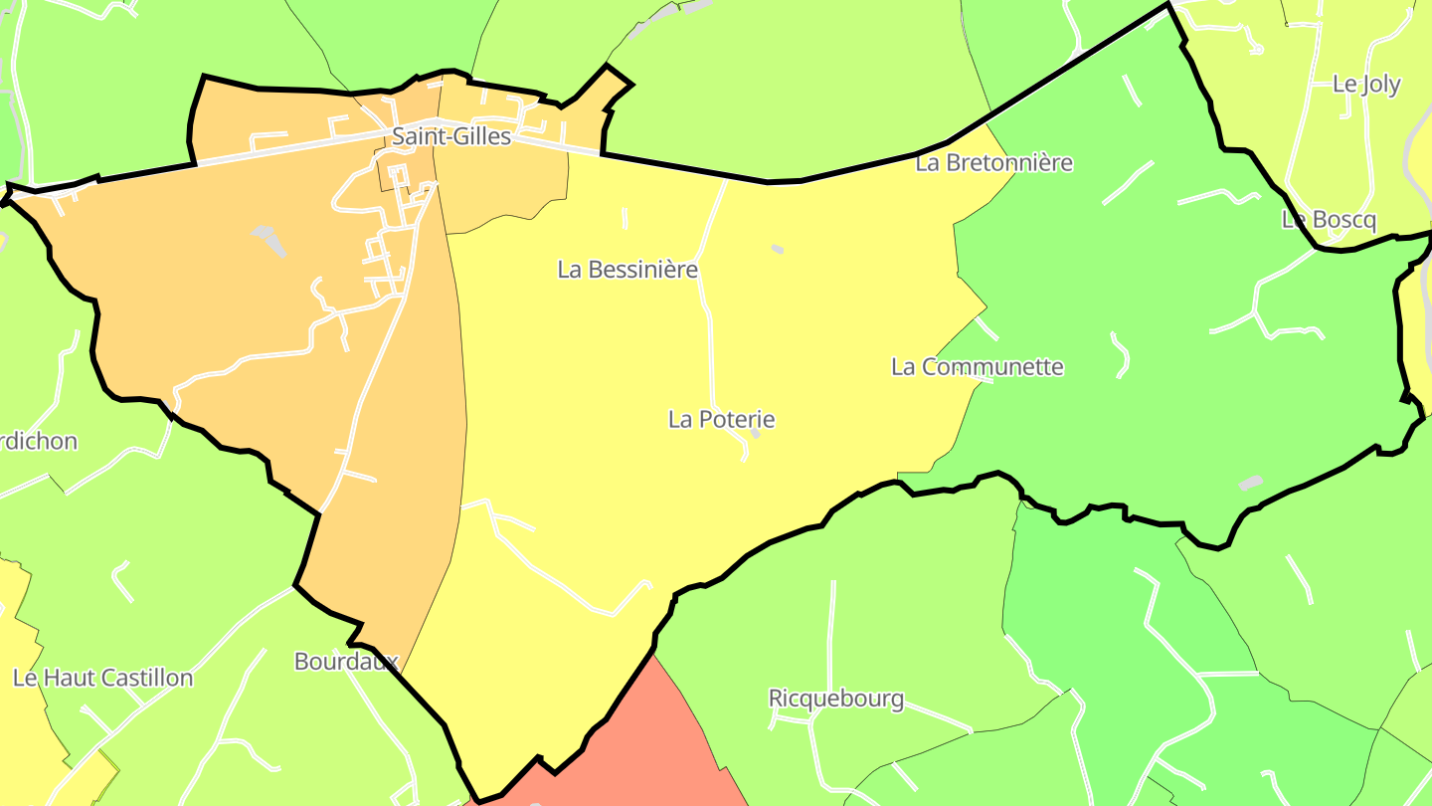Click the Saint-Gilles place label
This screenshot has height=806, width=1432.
point(451,136)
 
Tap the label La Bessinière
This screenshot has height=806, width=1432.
point(627,270)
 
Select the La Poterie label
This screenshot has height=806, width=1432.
point(721,420)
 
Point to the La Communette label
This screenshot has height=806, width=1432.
point(977,367)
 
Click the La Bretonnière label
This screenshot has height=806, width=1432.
point(993,163)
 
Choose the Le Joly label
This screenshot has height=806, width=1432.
point(1365,85)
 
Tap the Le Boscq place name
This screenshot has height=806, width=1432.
point(1328,220)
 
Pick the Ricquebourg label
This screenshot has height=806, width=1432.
point(836,699)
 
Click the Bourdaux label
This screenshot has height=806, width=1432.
point(346,662)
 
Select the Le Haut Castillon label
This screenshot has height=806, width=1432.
point(102,679)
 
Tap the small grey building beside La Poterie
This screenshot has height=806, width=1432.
point(756,433)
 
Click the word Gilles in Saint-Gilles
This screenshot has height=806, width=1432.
point(481,136)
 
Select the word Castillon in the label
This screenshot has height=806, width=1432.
point(145,679)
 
